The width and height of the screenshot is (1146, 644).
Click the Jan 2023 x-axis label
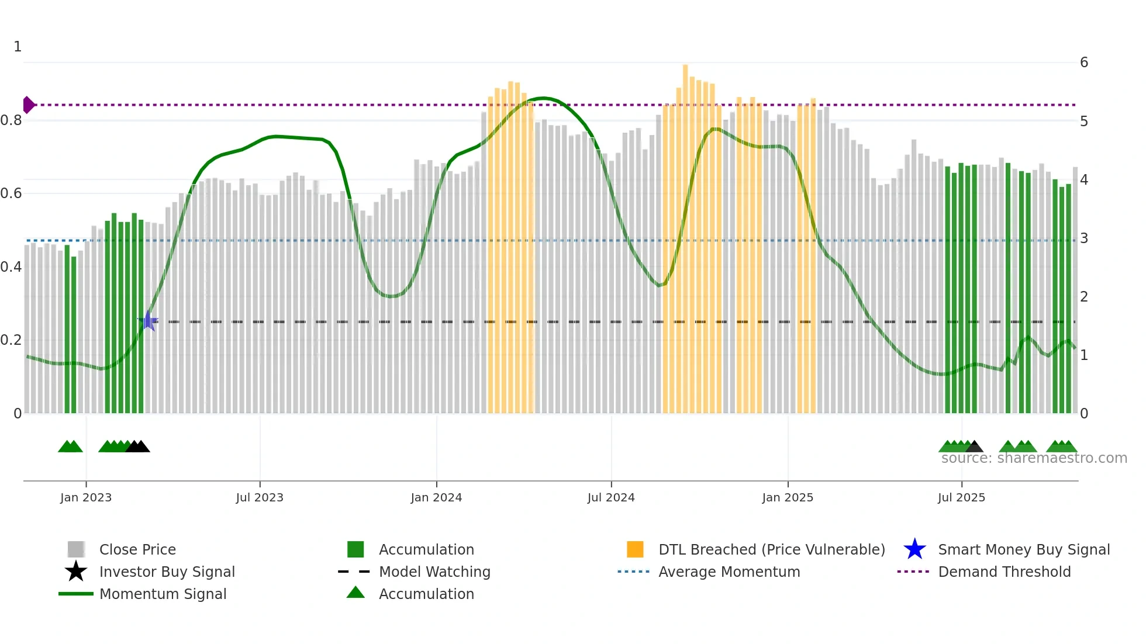click(x=86, y=497)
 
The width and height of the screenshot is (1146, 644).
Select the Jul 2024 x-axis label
click(x=611, y=497)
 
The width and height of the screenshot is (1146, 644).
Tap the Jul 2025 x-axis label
click(x=961, y=497)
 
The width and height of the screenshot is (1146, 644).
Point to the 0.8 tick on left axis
click(x=11, y=120)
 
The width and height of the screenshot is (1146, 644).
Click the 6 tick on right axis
click(x=1083, y=63)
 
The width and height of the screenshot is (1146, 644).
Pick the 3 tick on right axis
click(x=1083, y=238)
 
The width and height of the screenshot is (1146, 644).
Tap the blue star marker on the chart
click(x=149, y=321)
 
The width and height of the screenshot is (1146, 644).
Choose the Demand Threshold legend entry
click(x=1004, y=572)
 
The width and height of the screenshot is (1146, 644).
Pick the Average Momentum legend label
click(x=729, y=572)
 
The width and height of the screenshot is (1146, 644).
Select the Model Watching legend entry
click(x=434, y=572)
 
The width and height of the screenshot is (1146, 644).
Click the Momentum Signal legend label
click(x=163, y=594)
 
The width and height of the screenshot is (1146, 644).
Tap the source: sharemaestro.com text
click(x=1034, y=458)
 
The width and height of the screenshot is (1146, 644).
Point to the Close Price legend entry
click(x=137, y=549)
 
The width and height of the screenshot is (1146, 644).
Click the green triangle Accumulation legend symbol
click(x=355, y=593)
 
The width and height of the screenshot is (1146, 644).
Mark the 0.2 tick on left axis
click(x=11, y=340)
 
